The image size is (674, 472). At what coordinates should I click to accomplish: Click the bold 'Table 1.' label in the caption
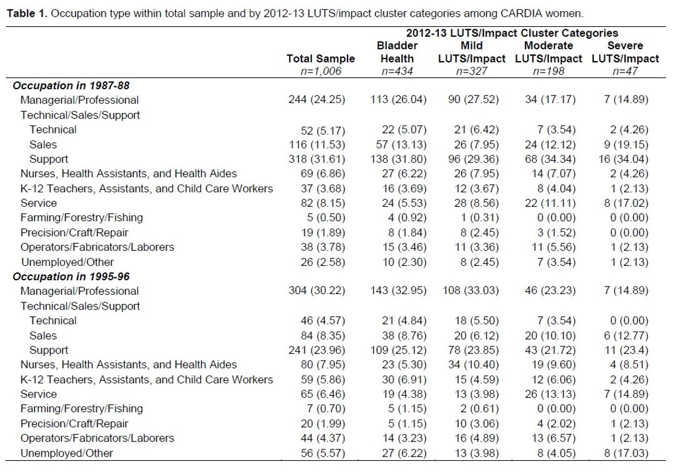27,13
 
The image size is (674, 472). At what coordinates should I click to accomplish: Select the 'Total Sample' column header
321,59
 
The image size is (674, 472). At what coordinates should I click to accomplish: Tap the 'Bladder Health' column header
397,52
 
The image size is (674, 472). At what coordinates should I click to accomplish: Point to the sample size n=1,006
321,71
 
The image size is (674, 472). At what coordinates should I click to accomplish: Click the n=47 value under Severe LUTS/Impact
625,71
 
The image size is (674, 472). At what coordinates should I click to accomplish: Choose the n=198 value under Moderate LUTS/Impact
549,71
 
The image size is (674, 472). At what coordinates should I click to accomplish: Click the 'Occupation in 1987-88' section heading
71,86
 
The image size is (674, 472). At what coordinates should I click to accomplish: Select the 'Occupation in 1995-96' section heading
71,277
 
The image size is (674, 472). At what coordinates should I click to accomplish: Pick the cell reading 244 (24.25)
317,100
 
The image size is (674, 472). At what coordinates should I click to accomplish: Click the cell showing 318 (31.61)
317,159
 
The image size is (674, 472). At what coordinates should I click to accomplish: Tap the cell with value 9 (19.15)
626,144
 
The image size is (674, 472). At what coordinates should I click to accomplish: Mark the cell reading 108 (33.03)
471,290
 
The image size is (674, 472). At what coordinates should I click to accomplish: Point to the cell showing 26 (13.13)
550,394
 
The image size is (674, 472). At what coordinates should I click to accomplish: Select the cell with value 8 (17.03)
626,453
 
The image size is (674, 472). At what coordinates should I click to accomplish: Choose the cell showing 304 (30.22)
317,290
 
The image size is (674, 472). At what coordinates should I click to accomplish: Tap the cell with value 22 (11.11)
550,203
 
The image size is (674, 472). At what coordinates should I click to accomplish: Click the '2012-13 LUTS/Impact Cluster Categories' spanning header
512,33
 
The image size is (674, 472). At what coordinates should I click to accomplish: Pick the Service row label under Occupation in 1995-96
39,394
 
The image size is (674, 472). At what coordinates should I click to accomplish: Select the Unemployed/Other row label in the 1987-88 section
67,262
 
